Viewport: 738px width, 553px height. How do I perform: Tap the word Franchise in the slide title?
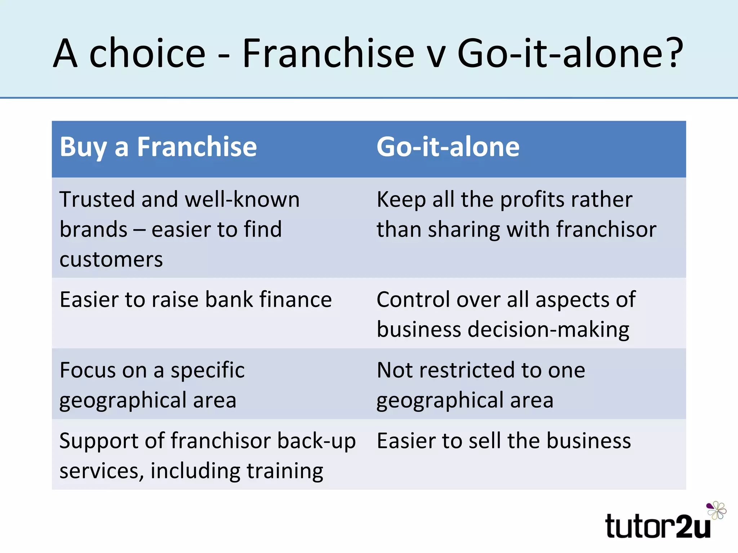coord(328,53)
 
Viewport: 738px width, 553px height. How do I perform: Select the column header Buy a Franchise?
coord(158,147)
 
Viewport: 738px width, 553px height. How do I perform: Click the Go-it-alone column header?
coord(448,147)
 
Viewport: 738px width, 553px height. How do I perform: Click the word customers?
coord(111,260)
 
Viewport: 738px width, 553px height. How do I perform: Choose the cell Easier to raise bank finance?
coord(196,300)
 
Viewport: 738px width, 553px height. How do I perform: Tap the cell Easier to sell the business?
coord(504,441)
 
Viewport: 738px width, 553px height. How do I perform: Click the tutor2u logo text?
coord(658,526)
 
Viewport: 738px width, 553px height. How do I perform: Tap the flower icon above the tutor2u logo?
coord(716,510)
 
